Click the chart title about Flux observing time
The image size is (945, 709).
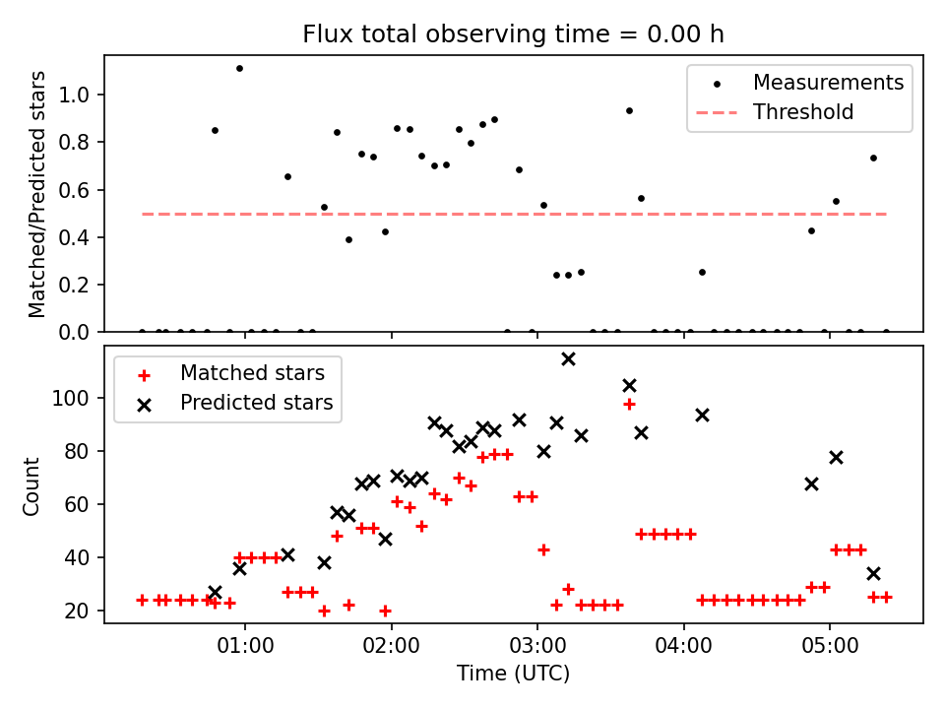(x=513, y=34)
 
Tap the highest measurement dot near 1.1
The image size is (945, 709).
(x=239, y=68)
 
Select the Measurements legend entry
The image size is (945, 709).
(x=828, y=83)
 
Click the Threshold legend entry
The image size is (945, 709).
(x=803, y=112)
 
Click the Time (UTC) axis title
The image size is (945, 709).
(x=513, y=675)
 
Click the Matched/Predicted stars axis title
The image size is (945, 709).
(x=37, y=194)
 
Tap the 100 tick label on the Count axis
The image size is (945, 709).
(x=76, y=398)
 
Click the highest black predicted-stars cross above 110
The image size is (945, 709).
(x=568, y=358)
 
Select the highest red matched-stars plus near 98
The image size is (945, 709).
(x=629, y=404)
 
